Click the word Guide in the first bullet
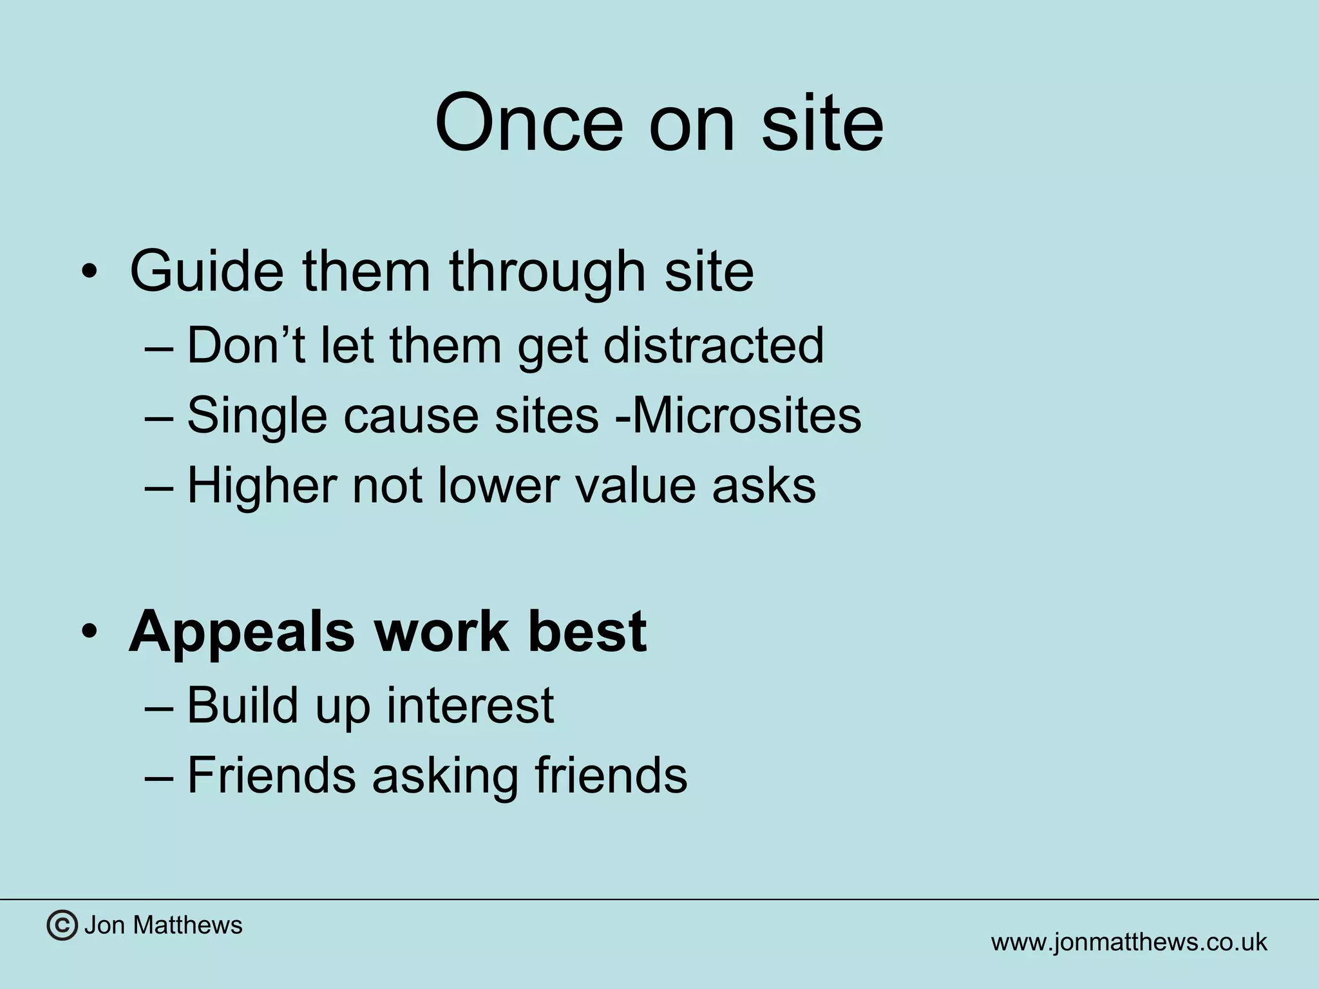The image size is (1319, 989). pyautogui.click(x=206, y=271)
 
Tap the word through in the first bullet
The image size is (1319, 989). pyautogui.click(x=547, y=271)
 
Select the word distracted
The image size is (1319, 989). pyautogui.click(x=713, y=345)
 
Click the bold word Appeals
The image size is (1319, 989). pyautogui.click(x=242, y=632)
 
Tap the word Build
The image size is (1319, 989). pyautogui.click(x=242, y=705)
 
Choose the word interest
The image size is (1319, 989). pyautogui.click(x=470, y=705)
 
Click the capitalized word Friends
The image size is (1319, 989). pyautogui.click(x=271, y=775)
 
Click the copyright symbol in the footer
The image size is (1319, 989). pyautogui.click(x=62, y=925)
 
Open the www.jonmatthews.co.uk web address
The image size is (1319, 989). pyautogui.click(x=1128, y=942)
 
